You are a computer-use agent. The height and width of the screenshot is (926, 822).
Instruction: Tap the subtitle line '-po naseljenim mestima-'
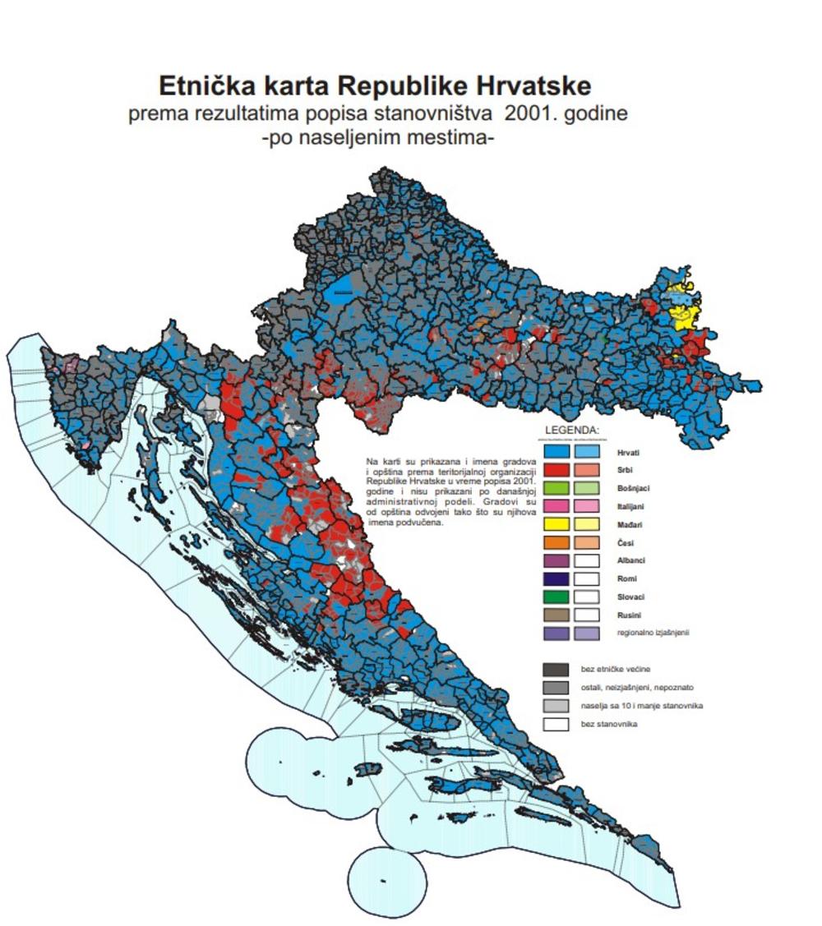377,137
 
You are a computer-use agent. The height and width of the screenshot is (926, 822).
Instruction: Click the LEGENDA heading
572,430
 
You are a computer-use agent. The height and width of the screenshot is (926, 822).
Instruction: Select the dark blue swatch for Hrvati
556,452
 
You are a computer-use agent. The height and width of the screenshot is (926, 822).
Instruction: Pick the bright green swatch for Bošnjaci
556,488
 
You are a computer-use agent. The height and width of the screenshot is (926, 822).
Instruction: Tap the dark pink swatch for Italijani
556,506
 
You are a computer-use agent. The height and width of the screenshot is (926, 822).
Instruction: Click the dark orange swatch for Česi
556,542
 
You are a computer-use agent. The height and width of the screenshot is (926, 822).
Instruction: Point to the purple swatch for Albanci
556,560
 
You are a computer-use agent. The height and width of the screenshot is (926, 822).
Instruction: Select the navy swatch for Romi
556,578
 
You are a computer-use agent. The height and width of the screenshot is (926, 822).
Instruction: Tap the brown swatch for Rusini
556,615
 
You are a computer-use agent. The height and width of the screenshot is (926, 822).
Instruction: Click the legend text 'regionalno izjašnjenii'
653,633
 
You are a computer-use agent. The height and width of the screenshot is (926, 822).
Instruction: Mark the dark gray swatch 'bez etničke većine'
556,669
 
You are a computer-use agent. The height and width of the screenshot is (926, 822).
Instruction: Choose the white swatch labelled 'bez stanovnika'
556,724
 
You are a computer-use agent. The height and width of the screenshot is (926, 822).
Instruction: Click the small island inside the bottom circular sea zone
384,881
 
